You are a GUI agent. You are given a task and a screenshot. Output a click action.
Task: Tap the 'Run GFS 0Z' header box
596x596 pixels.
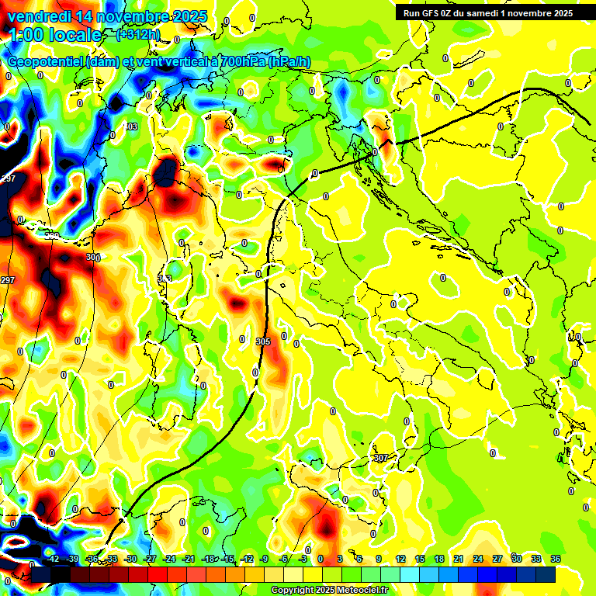tap(484, 12)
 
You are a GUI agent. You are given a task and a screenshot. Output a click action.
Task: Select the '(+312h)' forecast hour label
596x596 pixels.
tap(138, 33)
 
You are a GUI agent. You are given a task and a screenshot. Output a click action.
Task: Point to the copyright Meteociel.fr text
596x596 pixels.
tap(329, 590)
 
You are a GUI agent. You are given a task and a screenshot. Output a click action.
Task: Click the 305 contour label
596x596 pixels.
tap(262, 341)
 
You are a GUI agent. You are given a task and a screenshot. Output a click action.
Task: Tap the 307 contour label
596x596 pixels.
tap(380, 459)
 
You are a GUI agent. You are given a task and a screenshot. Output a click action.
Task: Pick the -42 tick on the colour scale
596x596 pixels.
tap(54, 559)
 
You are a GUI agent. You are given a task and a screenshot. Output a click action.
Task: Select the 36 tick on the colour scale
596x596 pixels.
tap(555, 559)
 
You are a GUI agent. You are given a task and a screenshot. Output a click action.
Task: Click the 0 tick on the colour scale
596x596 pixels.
tap(321, 559)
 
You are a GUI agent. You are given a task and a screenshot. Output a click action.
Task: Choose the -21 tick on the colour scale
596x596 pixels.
tap(189, 559)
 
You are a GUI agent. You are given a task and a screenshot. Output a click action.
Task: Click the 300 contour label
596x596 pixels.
tap(93, 257)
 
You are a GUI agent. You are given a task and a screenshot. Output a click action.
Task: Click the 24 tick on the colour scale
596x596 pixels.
tap(478, 559)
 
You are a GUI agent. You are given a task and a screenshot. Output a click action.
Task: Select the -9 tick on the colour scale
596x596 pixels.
tap(265, 559)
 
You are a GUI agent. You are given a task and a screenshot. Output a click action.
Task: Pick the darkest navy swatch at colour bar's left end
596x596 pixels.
tap(41, 574)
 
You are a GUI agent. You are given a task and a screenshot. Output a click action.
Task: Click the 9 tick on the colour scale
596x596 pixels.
tap(379, 559)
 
